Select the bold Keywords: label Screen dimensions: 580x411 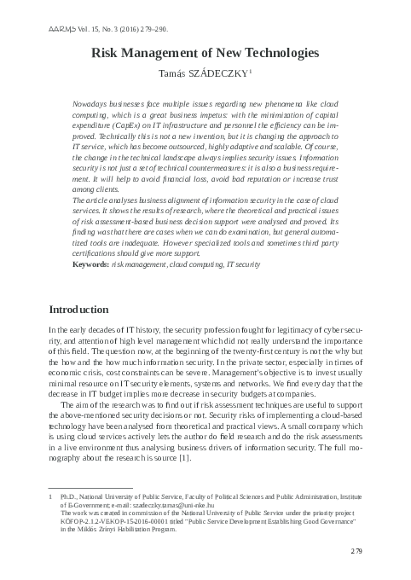pyautogui.click(x=91, y=265)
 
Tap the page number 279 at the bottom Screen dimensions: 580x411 pyautogui.click(x=357, y=553)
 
